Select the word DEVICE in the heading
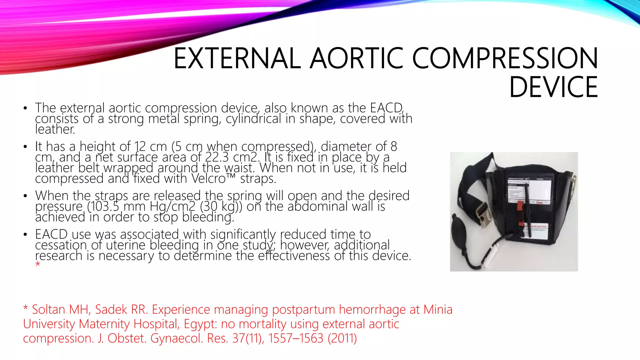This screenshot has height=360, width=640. (553, 87)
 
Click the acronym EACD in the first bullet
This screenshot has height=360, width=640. (386, 108)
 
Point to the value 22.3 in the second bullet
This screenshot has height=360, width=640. (217, 157)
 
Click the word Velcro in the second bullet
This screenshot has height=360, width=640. (208, 179)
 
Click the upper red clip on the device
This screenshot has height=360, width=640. (520, 206)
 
